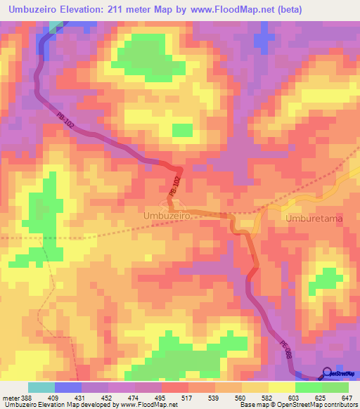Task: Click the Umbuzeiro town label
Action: pyautogui.click(x=168, y=217)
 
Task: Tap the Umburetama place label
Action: pyautogui.click(x=315, y=219)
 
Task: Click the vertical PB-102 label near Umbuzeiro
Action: pyautogui.click(x=175, y=186)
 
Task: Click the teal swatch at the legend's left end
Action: pyautogui.click(x=41, y=387)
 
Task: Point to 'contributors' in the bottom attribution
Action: pyautogui.click(x=339, y=405)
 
